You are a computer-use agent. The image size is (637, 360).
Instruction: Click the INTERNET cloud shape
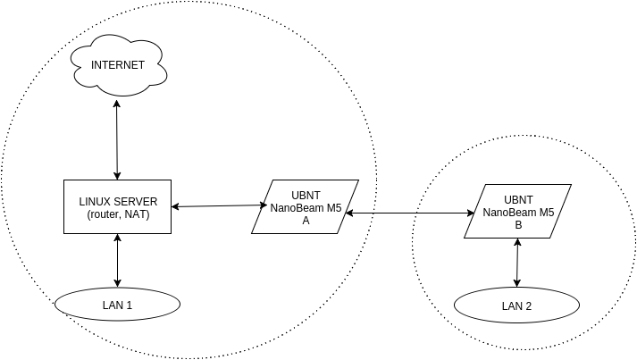[118, 65]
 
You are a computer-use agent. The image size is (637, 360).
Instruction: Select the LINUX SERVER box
[118, 207]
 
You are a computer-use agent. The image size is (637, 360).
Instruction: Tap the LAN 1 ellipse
[118, 306]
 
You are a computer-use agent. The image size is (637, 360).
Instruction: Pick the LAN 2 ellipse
[516, 306]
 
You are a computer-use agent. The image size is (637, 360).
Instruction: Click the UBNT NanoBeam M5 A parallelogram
[306, 207]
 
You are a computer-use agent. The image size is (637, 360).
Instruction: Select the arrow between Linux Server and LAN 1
[118, 261]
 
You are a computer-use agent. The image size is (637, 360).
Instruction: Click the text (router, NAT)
[118, 215]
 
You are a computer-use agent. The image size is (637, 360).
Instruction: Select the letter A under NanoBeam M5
[306, 220]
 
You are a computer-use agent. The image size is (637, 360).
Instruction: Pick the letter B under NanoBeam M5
[518, 224]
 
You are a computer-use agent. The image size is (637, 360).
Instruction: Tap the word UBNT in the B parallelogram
[518, 199]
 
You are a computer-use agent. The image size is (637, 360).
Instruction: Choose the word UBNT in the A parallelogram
[306, 195]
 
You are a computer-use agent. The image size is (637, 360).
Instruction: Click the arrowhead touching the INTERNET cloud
[118, 105]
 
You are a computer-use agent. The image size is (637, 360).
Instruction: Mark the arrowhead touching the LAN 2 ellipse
[516, 285]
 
